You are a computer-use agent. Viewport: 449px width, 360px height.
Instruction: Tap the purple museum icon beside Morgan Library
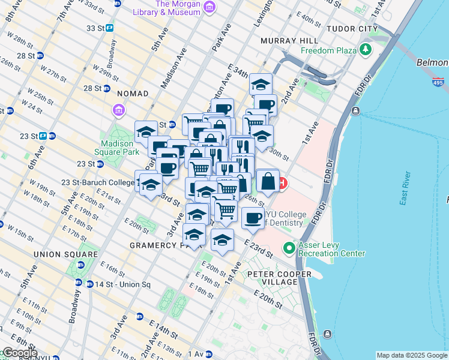(209, 7)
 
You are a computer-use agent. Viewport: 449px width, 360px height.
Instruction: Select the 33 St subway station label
(95, 28)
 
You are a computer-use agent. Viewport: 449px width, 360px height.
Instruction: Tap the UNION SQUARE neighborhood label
(74, 254)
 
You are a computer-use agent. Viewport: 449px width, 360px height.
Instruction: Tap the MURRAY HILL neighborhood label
(289, 40)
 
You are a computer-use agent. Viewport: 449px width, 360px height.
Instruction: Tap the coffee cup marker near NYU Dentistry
(253, 217)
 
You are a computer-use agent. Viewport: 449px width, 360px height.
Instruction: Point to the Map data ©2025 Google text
(411, 355)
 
